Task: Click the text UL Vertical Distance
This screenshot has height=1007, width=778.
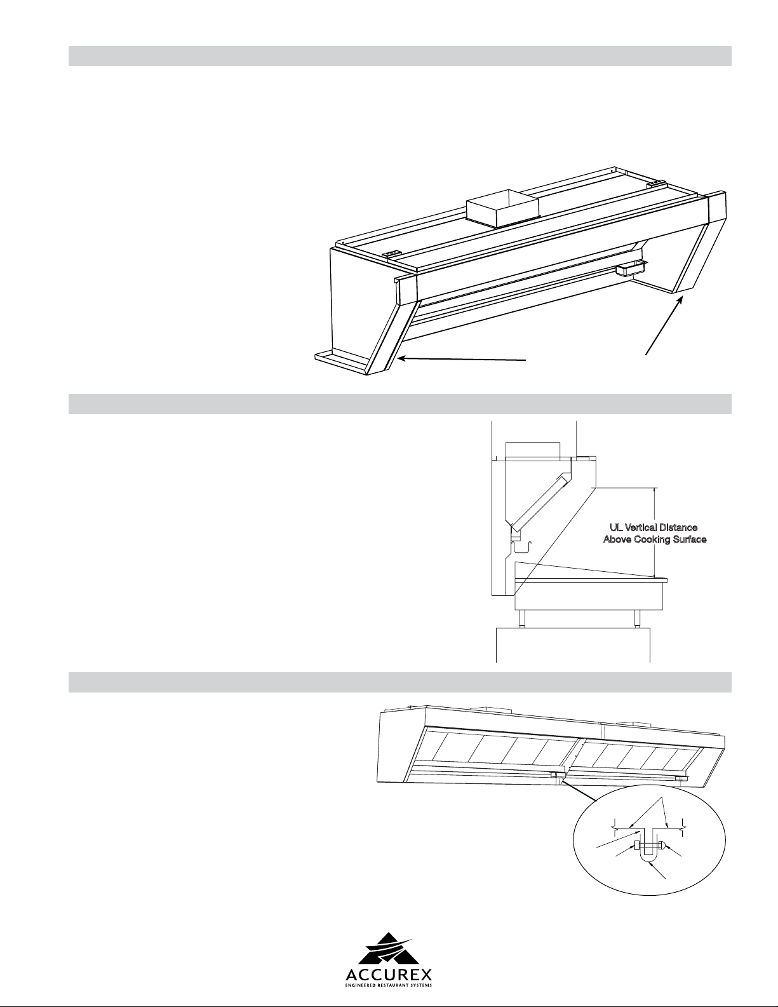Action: [x=654, y=527]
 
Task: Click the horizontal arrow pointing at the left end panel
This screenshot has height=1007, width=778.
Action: [x=462, y=359]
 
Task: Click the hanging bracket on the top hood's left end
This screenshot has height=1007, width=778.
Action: [x=391, y=254]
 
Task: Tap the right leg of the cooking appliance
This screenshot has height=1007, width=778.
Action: [x=638, y=618]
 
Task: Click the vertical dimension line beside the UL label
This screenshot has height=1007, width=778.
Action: [x=654, y=532]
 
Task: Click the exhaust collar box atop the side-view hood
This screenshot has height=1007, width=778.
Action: [x=533, y=450]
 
